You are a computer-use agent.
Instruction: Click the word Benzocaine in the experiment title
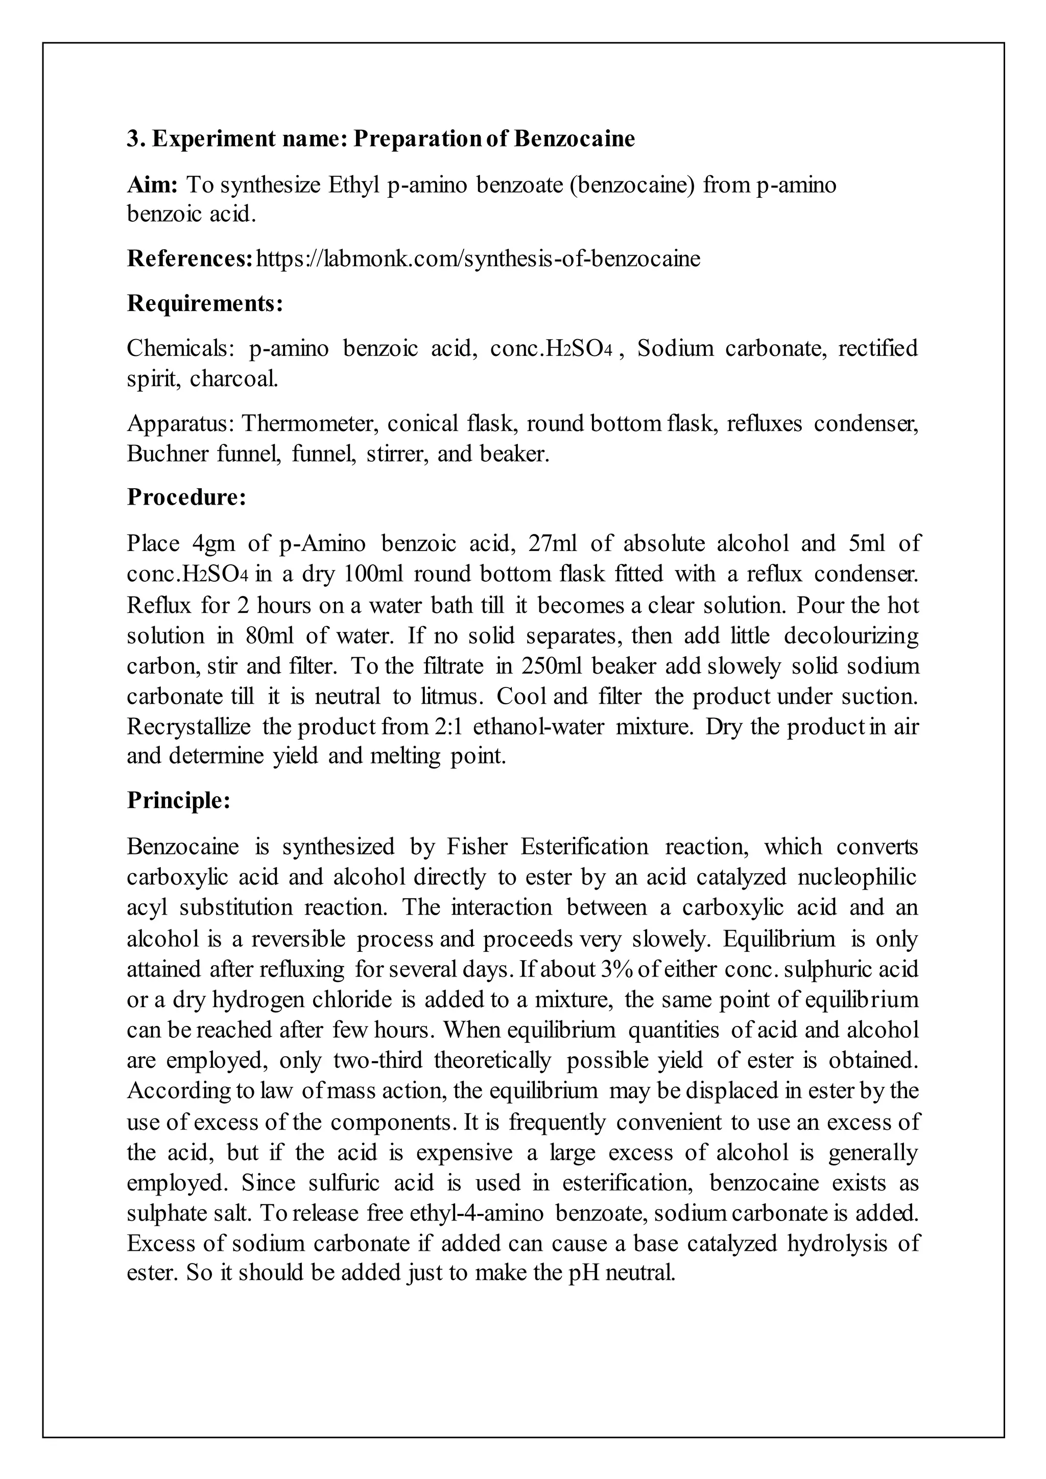574,138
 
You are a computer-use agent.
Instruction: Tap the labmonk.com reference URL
478,258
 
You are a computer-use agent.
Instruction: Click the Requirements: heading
205,303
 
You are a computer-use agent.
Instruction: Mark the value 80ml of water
269,635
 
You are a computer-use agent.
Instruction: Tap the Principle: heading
178,800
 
